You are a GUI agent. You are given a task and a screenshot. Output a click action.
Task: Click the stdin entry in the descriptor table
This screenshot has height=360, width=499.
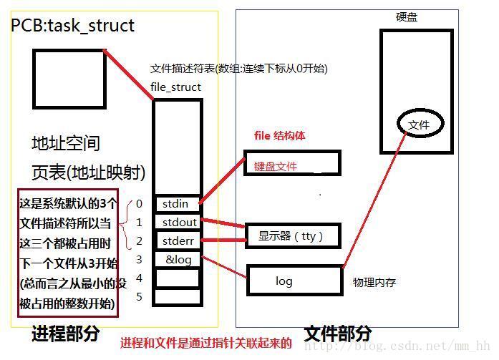(x=178, y=204)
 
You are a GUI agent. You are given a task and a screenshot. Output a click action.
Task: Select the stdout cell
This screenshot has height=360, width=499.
(x=178, y=223)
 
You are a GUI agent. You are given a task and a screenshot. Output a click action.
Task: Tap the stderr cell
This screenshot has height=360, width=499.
(x=178, y=240)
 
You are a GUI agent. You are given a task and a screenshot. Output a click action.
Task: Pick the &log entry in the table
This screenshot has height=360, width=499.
(x=178, y=260)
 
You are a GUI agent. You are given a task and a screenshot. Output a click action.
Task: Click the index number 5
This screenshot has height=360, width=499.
(x=139, y=297)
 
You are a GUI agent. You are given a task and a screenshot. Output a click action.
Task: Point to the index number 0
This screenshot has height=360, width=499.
(x=139, y=204)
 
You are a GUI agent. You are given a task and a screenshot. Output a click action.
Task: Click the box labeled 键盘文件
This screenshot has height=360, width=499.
(x=292, y=163)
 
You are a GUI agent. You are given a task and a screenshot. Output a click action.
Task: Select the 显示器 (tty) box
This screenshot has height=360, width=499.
(x=293, y=235)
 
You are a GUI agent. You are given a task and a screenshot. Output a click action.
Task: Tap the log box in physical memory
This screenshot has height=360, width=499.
(x=295, y=281)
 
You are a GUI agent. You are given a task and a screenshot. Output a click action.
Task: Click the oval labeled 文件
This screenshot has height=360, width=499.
(x=420, y=124)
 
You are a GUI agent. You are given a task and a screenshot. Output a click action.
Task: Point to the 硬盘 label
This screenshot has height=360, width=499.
(x=407, y=17)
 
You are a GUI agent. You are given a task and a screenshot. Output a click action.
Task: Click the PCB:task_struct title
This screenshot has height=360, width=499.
(x=72, y=26)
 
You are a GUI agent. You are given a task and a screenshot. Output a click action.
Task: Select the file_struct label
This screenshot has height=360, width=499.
(x=175, y=87)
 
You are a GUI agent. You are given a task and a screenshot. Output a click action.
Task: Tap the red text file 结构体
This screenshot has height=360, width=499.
(x=280, y=136)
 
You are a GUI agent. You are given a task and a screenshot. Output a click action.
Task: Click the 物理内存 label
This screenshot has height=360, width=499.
(x=374, y=282)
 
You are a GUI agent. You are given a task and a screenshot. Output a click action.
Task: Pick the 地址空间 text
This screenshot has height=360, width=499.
(x=66, y=143)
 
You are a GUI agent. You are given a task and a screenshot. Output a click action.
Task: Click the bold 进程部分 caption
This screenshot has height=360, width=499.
(x=66, y=334)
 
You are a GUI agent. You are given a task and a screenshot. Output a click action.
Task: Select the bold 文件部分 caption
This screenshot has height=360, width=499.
(x=338, y=334)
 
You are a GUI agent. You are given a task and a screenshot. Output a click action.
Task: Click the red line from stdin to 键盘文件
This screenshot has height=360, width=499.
(x=222, y=180)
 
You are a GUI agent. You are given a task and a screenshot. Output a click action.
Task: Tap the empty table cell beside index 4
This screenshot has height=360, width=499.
(x=178, y=278)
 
